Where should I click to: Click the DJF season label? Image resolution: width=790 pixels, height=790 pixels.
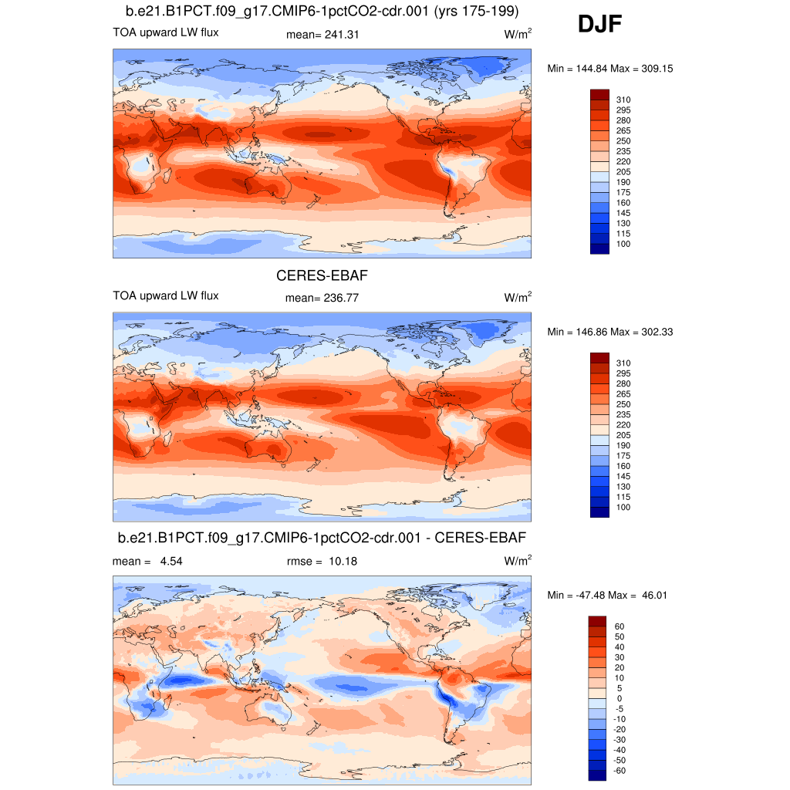point(599,25)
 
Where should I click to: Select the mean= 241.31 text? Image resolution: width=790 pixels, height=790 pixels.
point(322,34)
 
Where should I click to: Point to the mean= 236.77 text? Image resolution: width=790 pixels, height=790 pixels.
point(322,297)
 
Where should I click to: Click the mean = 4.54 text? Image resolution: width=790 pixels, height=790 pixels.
point(147,561)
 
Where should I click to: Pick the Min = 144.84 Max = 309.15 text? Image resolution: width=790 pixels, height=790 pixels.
point(610,69)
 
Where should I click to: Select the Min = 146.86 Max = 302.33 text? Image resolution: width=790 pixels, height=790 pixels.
point(610,332)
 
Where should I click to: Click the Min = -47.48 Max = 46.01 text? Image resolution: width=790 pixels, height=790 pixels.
point(610,595)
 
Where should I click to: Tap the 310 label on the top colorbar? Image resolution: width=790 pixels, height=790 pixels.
point(623,100)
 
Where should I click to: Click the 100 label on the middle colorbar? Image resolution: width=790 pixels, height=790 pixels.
point(623,507)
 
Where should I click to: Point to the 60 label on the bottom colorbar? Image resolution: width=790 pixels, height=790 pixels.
point(620,626)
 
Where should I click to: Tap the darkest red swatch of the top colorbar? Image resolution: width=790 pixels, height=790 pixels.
point(599,93)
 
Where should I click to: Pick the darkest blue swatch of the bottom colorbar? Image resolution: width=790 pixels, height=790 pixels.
point(599,775)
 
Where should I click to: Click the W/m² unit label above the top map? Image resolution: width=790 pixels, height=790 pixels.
point(518,34)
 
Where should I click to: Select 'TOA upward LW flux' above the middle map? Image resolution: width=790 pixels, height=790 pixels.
point(165,295)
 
